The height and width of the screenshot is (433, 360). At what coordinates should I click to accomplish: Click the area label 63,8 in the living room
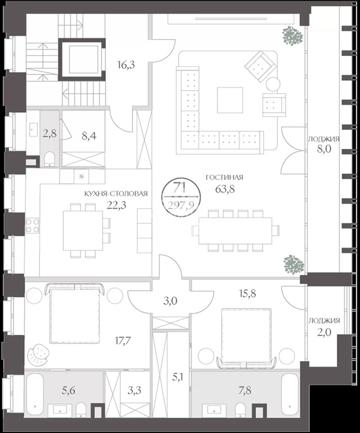tap(225, 189)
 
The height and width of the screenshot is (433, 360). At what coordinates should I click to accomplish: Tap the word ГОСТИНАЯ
tap(225, 177)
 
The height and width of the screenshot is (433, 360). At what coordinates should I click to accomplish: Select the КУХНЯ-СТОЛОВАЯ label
tap(116, 193)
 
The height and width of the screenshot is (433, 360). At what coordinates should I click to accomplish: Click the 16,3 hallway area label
tap(126, 65)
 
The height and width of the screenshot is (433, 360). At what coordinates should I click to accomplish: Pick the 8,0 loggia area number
tap(324, 149)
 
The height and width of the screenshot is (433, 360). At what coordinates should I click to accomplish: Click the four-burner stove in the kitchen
tap(32, 226)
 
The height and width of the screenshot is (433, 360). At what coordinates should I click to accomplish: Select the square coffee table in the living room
tap(230, 100)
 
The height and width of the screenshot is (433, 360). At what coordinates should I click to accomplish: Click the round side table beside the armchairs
tap(273, 84)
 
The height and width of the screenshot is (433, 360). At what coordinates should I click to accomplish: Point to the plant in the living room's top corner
tap(292, 36)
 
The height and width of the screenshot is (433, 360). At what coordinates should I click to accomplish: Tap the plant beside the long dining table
tap(294, 264)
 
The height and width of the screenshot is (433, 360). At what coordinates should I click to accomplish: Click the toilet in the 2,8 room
tap(50, 159)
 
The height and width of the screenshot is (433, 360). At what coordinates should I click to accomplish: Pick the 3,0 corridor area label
tap(170, 301)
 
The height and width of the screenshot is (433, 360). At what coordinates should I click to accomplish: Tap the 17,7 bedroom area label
tap(123, 341)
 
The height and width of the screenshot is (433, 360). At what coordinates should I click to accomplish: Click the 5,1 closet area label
tap(179, 377)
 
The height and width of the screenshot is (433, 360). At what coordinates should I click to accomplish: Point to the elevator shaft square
tap(82, 59)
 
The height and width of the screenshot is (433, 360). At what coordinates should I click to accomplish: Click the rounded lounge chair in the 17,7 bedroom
tap(38, 355)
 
